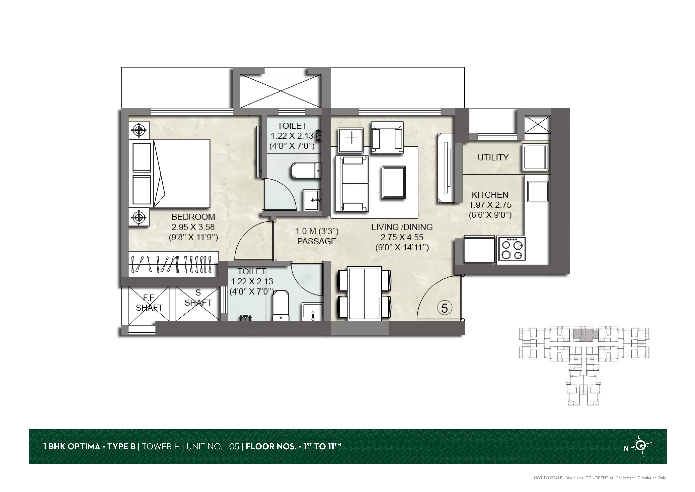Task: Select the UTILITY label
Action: [493, 158]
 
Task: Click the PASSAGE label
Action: [317, 241]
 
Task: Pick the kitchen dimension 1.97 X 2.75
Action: [490, 205]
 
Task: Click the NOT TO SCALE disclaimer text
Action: [548, 478]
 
